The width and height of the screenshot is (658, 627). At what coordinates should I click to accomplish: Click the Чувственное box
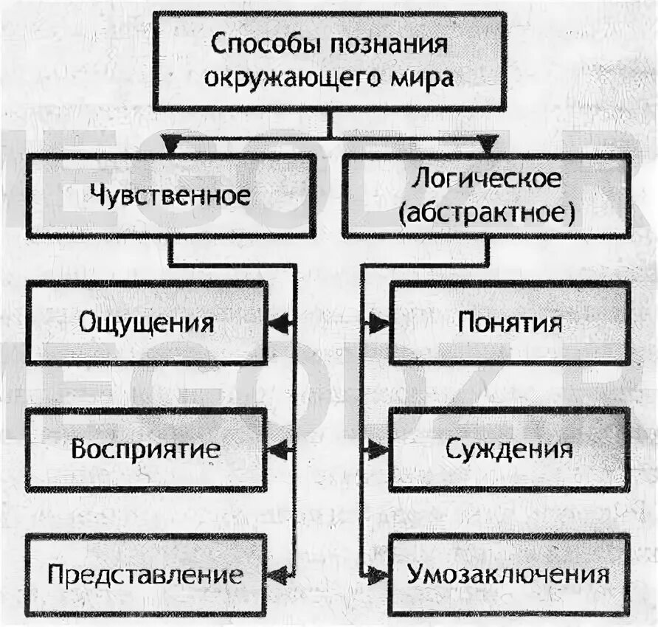[x=170, y=195]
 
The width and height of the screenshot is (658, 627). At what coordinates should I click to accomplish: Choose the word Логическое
[x=486, y=179]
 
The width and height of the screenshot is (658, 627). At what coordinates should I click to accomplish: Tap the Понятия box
[x=509, y=323]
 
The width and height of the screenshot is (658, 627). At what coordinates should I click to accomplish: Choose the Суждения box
[x=509, y=449]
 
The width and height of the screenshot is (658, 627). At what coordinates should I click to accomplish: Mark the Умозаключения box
[x=509, y=575]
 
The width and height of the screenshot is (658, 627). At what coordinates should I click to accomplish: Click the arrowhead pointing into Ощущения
[x=277, y=323]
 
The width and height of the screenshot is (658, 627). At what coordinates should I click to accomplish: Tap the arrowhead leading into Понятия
[x=379, y=323]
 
